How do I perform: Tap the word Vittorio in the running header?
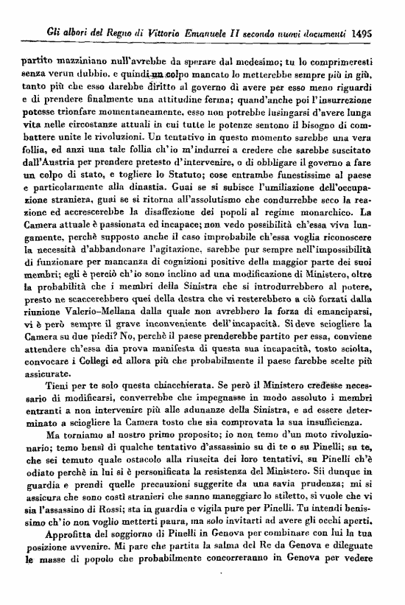point(171,32)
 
